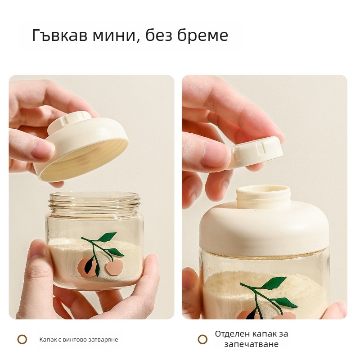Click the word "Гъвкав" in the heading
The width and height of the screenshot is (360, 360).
point(60,36)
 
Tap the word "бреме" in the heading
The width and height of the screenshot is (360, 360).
point(203,36)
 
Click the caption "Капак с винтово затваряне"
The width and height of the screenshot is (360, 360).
point(79,340)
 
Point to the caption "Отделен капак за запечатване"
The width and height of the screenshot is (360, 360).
point(252,339)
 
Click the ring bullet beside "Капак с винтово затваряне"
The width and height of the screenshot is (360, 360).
point(22,339)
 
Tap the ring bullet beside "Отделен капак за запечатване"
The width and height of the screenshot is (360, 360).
point(202,339)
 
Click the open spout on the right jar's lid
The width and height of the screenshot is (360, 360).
point(263,196)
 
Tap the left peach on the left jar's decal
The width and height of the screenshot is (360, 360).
point(87,267)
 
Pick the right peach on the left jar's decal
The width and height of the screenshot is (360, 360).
point(114,267)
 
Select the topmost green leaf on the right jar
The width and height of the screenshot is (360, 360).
point(275,283)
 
